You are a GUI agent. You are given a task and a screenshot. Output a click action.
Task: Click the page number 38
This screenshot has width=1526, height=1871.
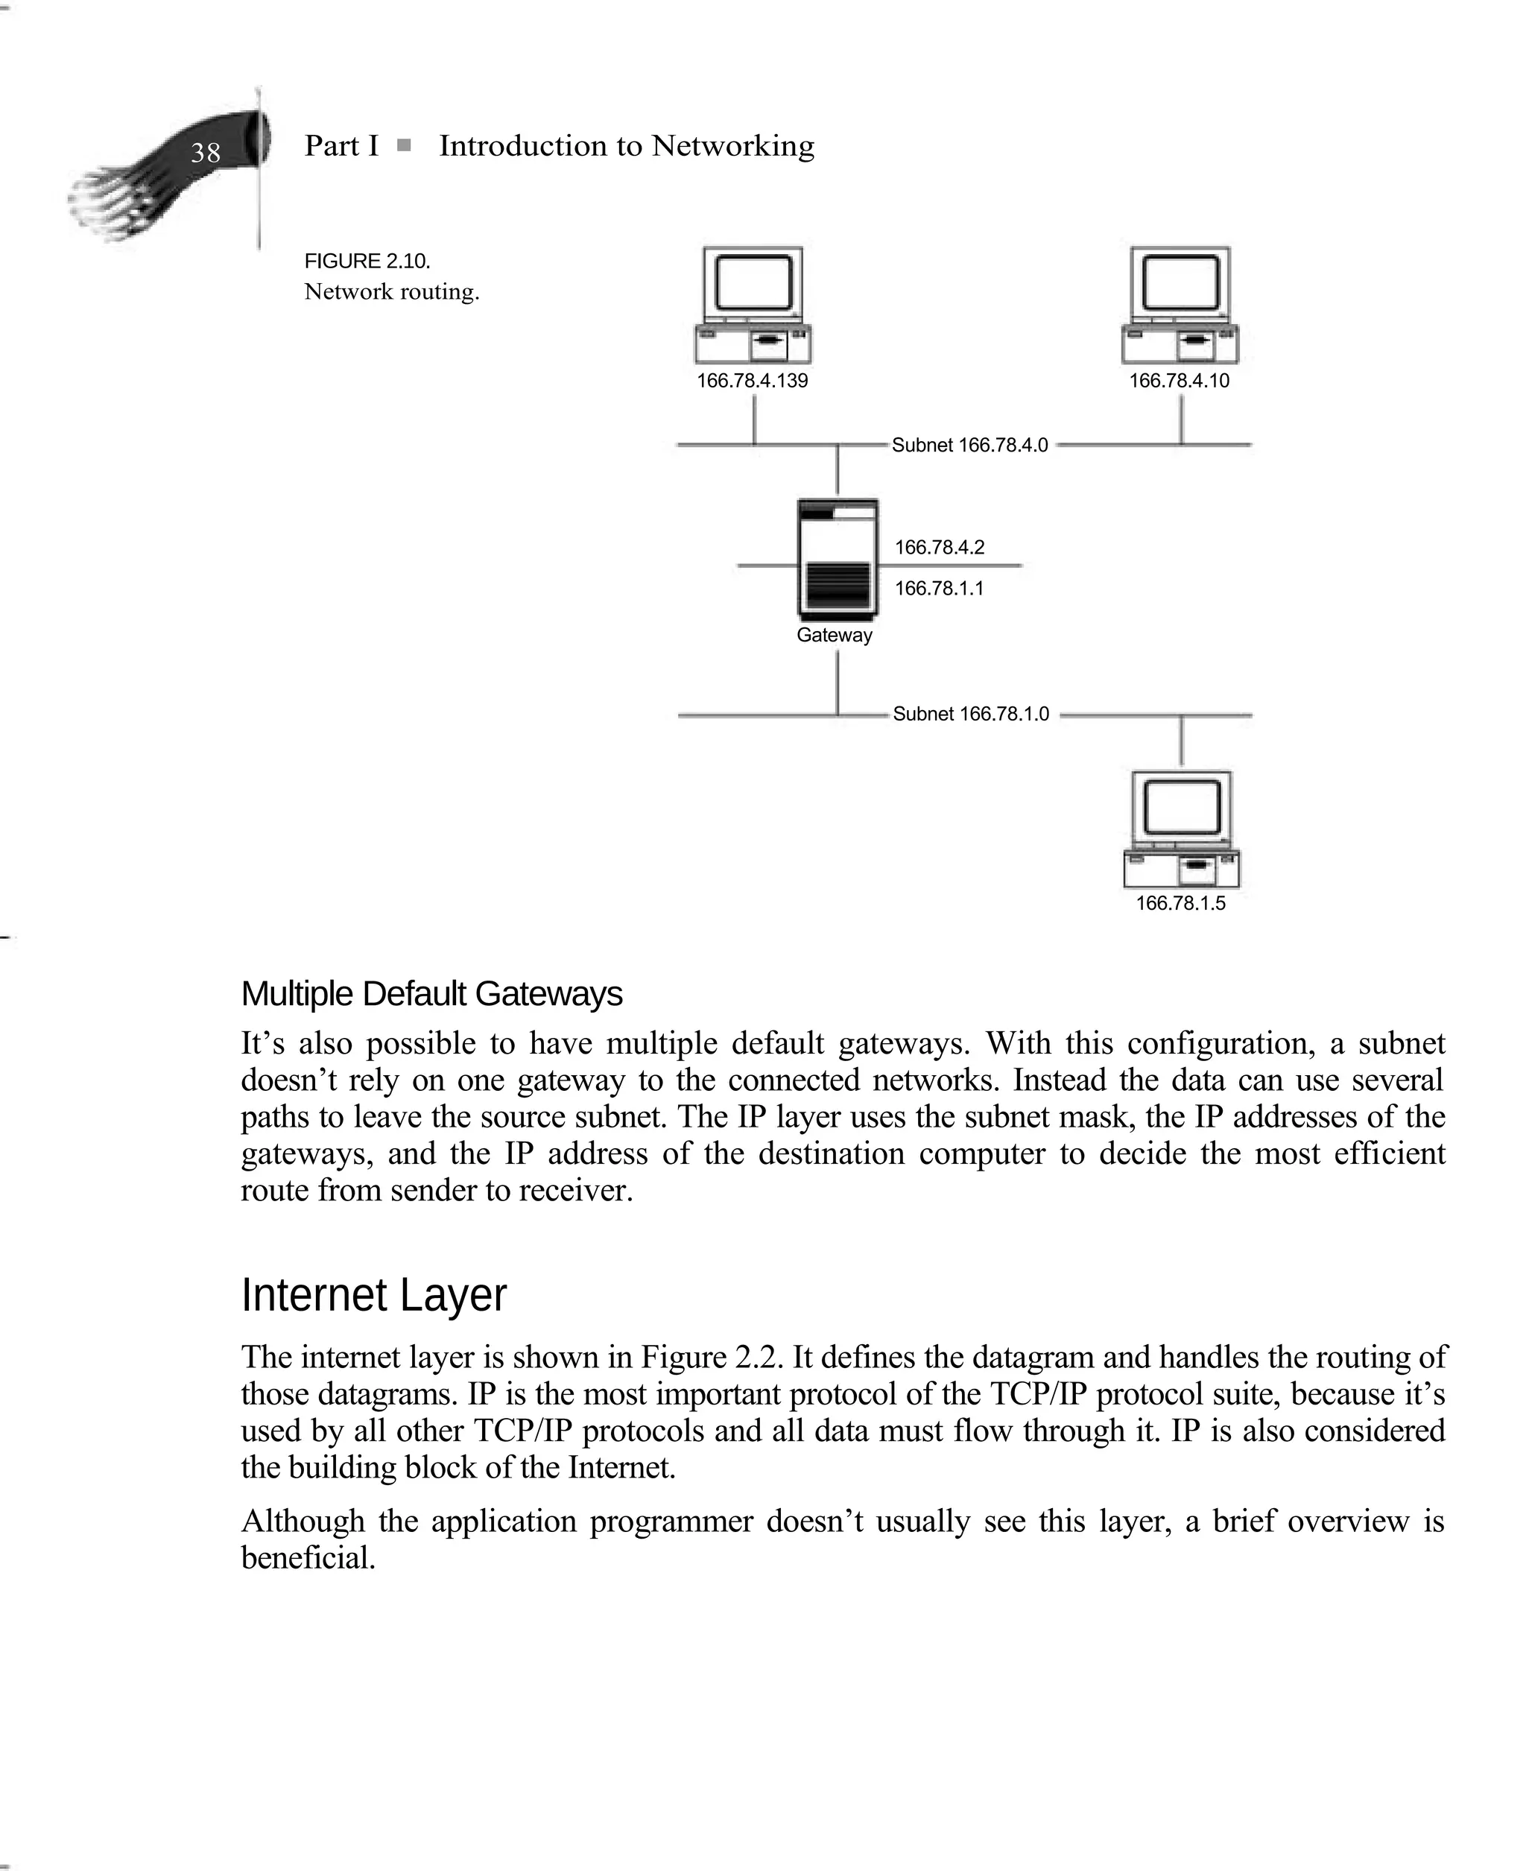(205, 153)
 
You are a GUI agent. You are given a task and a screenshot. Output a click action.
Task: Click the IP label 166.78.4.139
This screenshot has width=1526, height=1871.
(752, 382)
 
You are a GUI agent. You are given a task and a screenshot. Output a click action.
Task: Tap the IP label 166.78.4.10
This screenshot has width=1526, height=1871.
(1179, 382)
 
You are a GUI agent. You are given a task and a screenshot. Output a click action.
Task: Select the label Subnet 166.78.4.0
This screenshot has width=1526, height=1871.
(969, 446)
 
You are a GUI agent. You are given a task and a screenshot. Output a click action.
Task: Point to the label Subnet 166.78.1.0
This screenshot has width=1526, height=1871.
(970, 715)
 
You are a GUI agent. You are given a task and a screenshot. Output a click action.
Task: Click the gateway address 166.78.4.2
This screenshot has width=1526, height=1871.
(939, 548)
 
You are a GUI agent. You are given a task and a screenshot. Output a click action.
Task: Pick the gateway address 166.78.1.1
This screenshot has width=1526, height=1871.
(939, 589)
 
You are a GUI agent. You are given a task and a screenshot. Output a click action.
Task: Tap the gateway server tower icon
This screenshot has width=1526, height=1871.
(837, 558)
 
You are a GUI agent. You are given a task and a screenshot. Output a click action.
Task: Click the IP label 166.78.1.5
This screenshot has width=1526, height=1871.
(1180, 903)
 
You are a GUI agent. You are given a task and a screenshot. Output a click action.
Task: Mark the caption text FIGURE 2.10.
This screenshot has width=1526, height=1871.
(367, 262)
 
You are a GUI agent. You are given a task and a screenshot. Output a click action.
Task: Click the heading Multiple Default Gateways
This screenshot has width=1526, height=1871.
(431, 994)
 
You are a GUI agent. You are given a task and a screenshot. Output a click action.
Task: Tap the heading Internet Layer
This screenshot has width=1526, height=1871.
(373, 1295)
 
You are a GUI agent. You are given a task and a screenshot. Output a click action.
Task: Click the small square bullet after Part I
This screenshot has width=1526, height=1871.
(403, 146)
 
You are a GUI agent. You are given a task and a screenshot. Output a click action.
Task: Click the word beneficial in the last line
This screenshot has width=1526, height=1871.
(308, 1558)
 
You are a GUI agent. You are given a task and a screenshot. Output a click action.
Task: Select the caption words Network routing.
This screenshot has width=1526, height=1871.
(391, 292)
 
